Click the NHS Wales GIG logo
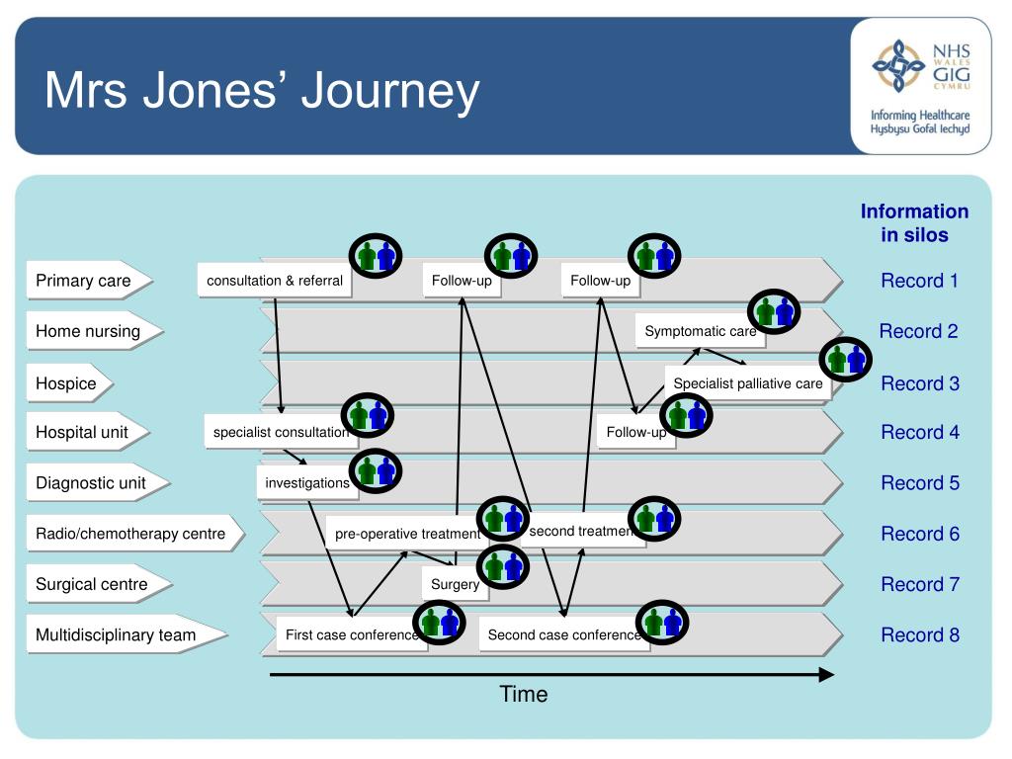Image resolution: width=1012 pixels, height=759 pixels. point(921,86)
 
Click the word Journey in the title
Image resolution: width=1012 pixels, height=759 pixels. point(390,91)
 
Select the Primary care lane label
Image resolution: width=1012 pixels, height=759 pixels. point(89,281)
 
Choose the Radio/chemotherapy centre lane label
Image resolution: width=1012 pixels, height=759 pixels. point(135,534)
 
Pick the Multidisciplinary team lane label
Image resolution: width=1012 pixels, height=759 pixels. point(126,635)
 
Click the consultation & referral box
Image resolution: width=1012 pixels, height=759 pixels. point(275,281)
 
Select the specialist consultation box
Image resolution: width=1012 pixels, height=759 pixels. point(280,432)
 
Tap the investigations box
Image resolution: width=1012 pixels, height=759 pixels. point(307,482)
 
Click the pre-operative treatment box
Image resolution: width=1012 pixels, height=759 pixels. point(407,534)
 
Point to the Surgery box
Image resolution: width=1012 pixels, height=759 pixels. point(455,584)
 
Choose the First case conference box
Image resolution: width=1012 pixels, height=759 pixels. point(352,635)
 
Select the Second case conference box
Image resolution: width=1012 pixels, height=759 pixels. point(564,635)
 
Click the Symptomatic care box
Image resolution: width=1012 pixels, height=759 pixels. point(701,331)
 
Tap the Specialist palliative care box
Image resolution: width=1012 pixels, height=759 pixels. point(748,383)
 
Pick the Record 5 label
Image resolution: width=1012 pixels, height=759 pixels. point(920,482)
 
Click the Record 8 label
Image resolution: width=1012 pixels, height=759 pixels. point(920,635)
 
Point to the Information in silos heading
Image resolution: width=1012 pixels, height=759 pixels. point(914,223)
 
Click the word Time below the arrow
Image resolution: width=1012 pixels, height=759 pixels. point(524,695)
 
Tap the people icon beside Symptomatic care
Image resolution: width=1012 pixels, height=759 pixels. point(774,311)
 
